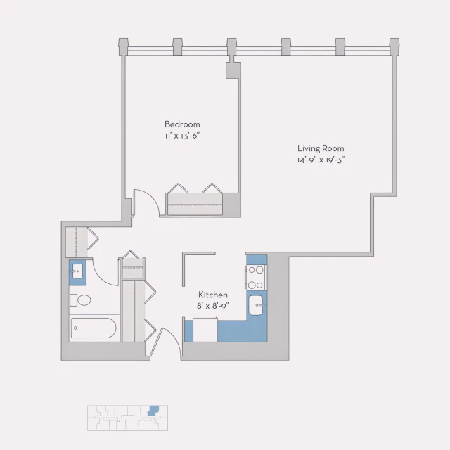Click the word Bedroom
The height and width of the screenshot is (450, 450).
pyautogui.click(x=182, y=124)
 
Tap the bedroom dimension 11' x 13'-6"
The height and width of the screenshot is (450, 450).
pyautogui.click(x=182, y=136)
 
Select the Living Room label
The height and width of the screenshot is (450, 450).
pyautogui.click(x=320, y=148)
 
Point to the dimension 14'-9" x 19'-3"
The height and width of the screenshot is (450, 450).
pyautogui.click(x=320, y=160)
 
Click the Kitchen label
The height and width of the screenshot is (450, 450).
pyautogui.click(x=212, y=295)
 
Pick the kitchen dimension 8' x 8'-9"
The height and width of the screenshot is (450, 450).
pyautogui.click(x=212, y=306)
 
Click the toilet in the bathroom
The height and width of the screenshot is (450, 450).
pyautogui.click(x=81, y=300)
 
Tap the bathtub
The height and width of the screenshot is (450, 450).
pyautogui.click(x=94, y=328)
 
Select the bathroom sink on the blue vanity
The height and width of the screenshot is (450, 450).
pyautogui.click(x=77, y=271)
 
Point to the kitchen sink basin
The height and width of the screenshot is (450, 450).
pyautogui.click(x=257, y=305)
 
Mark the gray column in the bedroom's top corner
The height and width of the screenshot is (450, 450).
pyautogui.click(x=231, y=70)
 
